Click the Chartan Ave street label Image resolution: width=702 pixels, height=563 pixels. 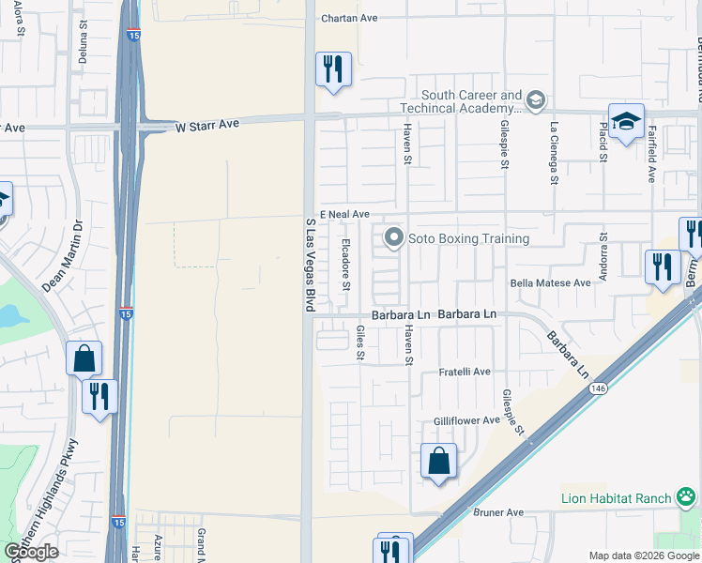(348, 18)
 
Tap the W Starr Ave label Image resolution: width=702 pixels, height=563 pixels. (207, 125)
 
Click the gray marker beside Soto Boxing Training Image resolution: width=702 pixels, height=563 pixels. (393, 238)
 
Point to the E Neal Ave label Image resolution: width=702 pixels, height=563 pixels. (344, 215)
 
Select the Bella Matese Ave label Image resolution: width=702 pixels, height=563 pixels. (551, 282)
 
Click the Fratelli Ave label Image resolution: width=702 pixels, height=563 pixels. (465, 373)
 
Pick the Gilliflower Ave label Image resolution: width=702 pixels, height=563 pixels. (466, 420)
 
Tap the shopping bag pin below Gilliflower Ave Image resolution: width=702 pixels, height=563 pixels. (438, 461)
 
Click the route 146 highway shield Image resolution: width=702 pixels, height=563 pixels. (597, 387)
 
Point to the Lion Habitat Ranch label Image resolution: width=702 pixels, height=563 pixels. (617, 498)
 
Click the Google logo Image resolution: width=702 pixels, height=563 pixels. (30, 551)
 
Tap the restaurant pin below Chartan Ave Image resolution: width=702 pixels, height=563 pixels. (333, 69)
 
